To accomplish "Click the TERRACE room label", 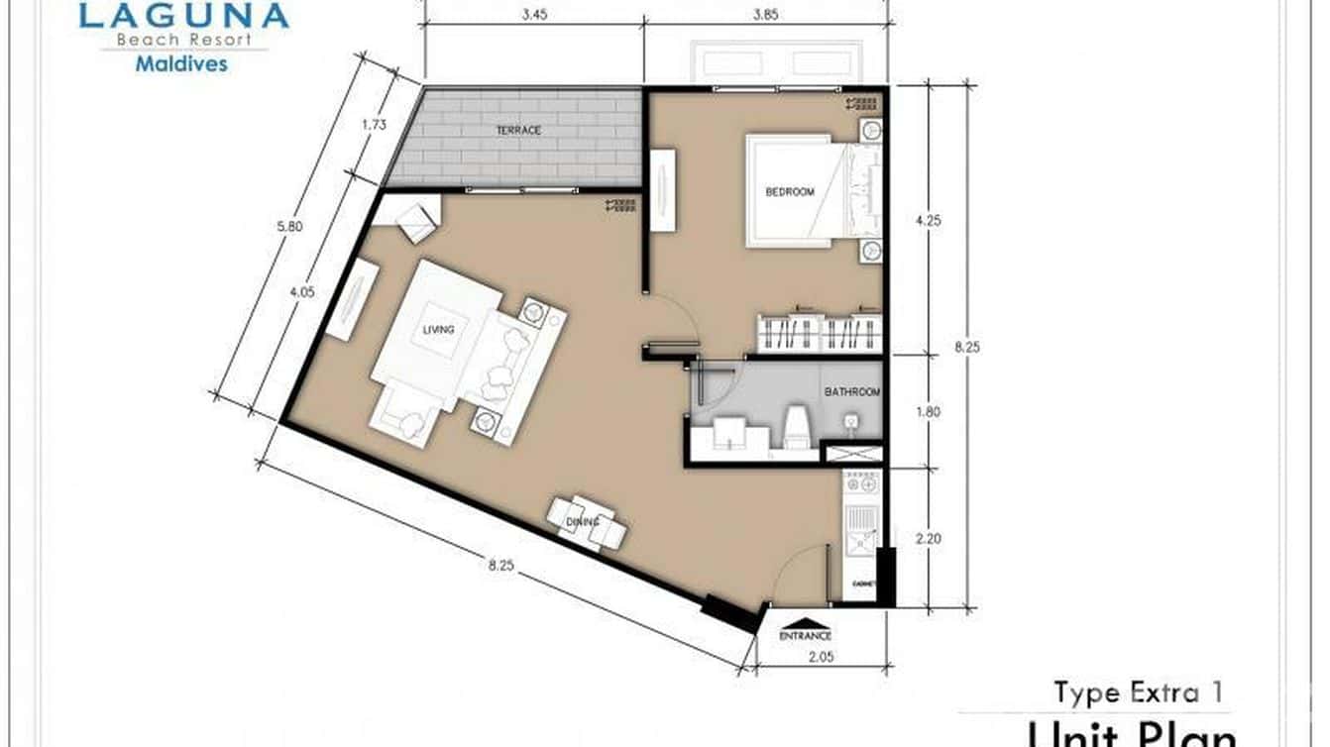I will point(518,131).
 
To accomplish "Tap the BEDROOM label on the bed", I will point(790,192).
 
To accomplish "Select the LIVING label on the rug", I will point(438,330).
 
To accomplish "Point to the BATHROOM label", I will point(852,392).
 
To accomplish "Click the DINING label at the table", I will point(580,522).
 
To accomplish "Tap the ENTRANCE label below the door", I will point(805,635).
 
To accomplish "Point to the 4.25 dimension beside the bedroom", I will point(928,221).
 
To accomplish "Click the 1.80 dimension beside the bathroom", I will point(928,412).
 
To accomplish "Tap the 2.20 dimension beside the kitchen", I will point(928,540).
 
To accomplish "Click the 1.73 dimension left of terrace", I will point(374,125).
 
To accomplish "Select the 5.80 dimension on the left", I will point(291,226).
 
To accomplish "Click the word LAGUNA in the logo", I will point(184,16).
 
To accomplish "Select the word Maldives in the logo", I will point(181,64).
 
